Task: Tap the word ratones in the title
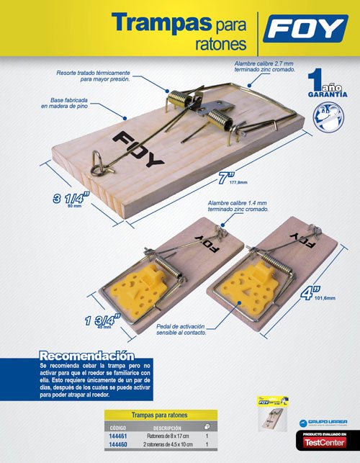(220, 45)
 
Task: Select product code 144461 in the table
(117, 436)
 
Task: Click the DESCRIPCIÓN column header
(167, 427)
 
